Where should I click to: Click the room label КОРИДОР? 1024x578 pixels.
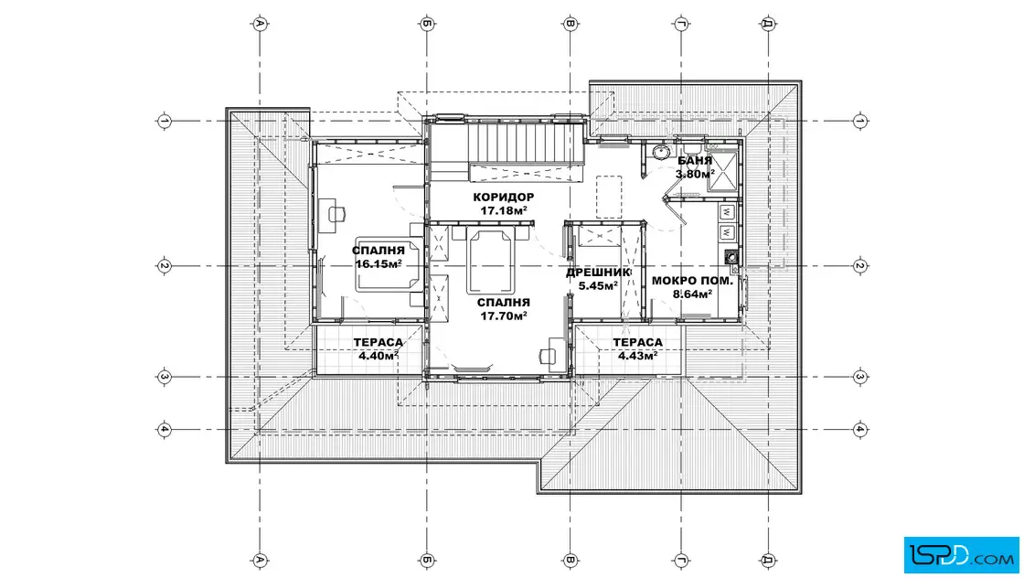tap(504, 198)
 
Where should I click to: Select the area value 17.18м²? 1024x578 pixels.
tap(504, 210)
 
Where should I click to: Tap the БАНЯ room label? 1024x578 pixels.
tap(694, 161)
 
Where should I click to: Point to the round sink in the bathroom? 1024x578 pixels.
tap(661, 152)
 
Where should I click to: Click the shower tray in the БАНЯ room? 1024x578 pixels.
tap(722, 170)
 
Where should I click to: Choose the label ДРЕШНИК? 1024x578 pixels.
tap(598, 273)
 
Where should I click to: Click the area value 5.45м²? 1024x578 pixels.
tap(598, 285)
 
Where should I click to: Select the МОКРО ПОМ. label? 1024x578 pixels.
tap(692, 282)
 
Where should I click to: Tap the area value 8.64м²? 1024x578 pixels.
tap(692, 294)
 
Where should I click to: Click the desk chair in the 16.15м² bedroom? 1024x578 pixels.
tap(336, 214)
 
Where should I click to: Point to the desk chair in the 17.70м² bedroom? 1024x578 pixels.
tap(548, 356)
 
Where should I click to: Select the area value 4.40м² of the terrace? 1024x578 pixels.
tap(379, 355)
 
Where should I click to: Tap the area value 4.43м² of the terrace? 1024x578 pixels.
tap(637, 355)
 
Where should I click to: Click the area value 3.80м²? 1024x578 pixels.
tap(695, 174)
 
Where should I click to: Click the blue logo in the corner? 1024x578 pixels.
tap(961, 555)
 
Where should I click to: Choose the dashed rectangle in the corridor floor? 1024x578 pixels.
tap(609, 197)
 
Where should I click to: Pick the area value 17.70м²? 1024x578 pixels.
tap(504, 316)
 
